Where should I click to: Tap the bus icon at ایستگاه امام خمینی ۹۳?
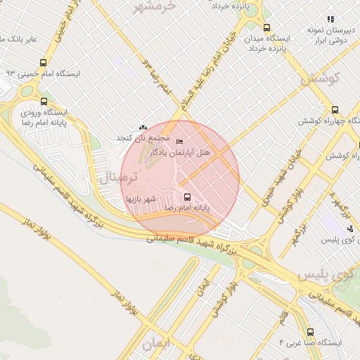coord(44,63)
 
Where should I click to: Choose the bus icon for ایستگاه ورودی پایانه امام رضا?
coord(44,101)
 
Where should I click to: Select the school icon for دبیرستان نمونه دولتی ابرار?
coord(330,19)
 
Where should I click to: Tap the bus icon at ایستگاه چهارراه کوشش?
coord(335,110)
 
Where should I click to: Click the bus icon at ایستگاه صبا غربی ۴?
coord(310,331)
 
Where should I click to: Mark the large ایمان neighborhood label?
coord(157,345)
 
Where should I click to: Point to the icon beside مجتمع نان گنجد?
coord(143,127)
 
